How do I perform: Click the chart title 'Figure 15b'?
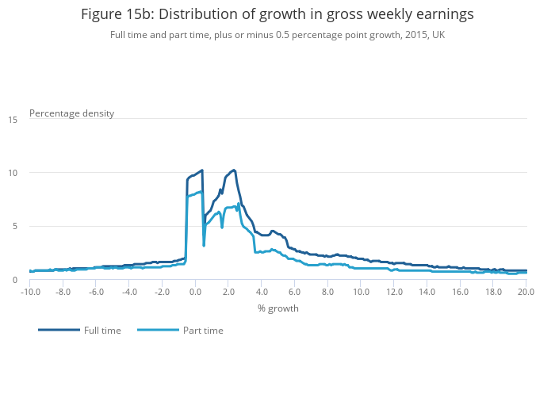[277, 13]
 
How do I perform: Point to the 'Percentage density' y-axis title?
[71, 113]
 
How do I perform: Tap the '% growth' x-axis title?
[277, 308]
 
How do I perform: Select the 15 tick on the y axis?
[13, 120]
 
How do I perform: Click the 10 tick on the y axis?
[13, 173]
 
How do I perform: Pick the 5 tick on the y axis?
[15, 226]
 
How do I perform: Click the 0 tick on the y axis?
[15, 280]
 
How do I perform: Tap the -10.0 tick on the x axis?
[30, 292]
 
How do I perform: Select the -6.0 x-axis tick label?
[96, 292]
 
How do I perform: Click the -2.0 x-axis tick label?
[163, 292]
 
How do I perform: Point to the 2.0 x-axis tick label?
[228, 292]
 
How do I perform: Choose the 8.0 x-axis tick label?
[327, 292]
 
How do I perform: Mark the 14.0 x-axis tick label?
[427, 292]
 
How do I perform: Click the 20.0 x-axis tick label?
[526, 292]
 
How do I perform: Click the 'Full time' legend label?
[102, 331]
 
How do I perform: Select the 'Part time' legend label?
[203, 331]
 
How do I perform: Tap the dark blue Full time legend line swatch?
[59, 330]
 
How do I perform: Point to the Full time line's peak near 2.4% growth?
[234, 170]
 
